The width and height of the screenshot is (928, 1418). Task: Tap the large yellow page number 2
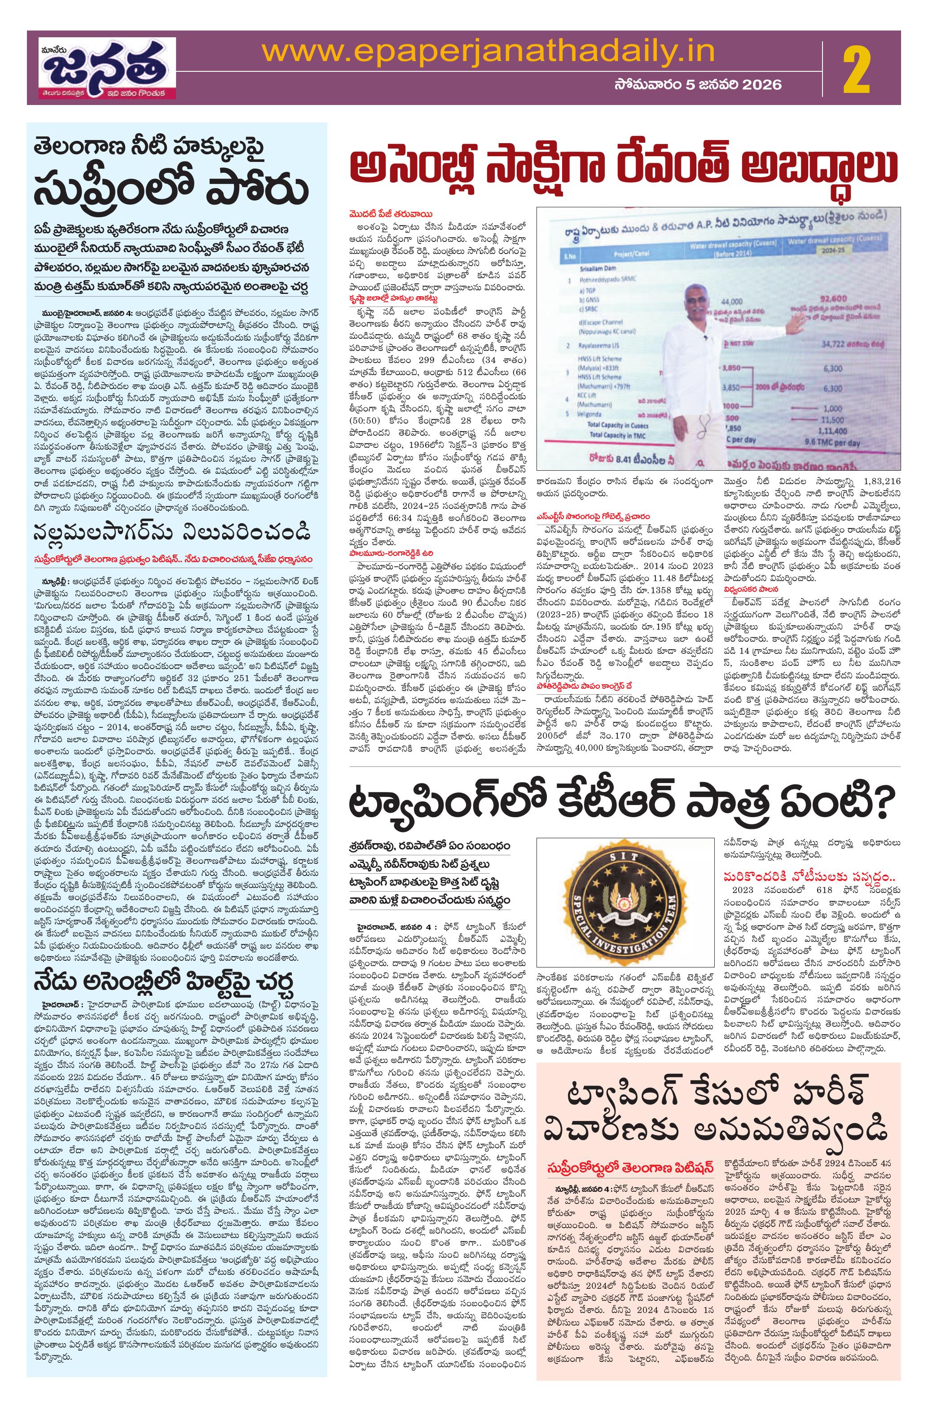(858, 70)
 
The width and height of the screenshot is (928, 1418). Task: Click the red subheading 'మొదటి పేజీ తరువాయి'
(391, 214)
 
